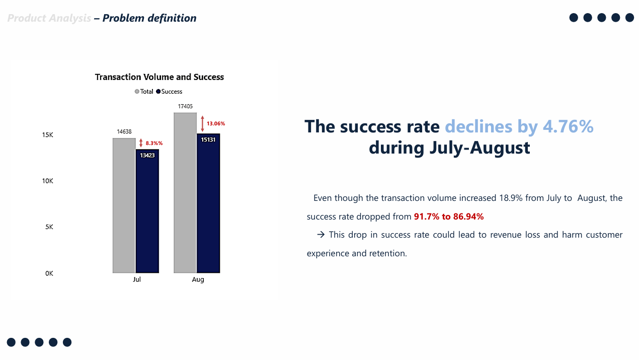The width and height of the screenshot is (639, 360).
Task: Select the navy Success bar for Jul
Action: point(147,211)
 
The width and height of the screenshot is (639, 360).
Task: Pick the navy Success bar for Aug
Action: point(208,203)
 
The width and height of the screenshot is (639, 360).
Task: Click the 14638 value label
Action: point(124,132)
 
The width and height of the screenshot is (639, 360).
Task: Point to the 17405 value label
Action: point(185,106)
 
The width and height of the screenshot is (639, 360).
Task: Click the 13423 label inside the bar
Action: point(147,155)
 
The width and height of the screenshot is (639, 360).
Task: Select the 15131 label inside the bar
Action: point(208,139)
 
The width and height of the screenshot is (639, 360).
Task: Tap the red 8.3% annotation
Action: point(154,143)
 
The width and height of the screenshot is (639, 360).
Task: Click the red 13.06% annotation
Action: point(216,123)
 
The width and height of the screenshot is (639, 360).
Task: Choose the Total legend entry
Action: point(144,92)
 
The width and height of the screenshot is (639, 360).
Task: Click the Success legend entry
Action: point(169,92)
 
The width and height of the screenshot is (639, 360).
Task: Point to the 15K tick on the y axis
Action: point(47,135)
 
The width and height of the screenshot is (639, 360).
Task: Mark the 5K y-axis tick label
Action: point(49,227)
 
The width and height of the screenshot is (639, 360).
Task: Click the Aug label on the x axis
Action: point(198,279)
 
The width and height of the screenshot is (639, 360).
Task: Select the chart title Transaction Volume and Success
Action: point(159,77)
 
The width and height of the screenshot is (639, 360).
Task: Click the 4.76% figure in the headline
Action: point(568,126)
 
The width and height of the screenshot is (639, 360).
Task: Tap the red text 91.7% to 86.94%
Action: point(448,217)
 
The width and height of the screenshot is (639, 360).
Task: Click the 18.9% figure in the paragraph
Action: point(511,198)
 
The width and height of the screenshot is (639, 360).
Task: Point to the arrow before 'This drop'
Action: point(321,235)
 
